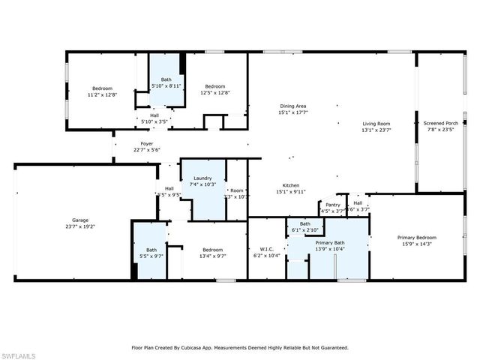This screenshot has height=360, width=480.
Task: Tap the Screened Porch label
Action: [x=440, y=123]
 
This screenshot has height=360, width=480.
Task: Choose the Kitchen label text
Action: [x=291, y=185]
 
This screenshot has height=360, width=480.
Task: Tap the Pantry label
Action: [x=332, y=205]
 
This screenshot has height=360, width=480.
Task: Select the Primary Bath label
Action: [x=329, y=243]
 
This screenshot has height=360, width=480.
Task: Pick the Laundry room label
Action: [x=203, y=178]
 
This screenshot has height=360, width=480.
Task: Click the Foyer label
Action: [x=147, y=143]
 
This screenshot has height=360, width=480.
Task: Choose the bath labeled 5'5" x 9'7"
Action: [x=151, y=253]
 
